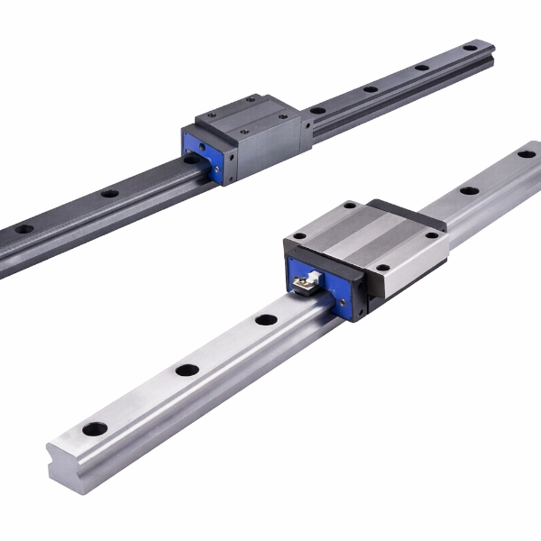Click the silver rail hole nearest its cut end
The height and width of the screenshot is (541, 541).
pos(95,428)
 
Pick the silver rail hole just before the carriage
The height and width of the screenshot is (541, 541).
pos(265,319)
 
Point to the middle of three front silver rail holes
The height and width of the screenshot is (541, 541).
pos(187,370)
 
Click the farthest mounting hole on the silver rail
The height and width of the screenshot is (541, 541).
pos(526,154)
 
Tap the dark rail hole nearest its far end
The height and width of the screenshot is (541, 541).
pos(470,47)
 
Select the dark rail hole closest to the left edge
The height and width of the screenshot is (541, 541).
pos(24,229)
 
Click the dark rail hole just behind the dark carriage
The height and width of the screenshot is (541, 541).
pos(318,110)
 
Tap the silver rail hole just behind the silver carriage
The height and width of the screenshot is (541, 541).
pos(469,190)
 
